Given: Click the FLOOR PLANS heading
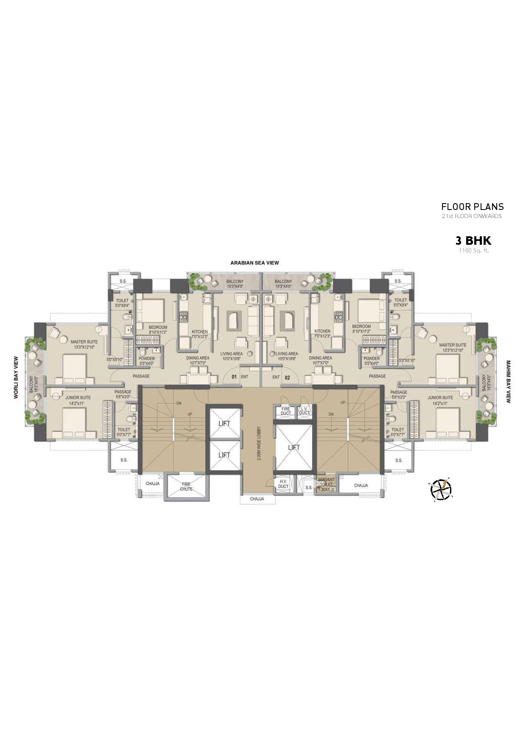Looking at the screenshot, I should point(472,207).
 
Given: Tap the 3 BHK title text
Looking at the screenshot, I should point(473,241).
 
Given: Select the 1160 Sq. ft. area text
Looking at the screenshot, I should point(473,250).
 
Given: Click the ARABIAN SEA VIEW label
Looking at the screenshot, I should point(255,263).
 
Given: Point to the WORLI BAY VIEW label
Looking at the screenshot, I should point(16,377).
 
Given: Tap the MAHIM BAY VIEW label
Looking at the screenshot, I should point(508,381).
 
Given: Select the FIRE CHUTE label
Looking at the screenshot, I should point(186,487).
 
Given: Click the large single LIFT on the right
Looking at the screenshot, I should point(294,447).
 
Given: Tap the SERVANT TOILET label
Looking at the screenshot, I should point(326,482).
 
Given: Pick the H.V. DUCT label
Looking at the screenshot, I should point(283,484).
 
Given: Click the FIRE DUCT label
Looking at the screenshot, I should point(285,411).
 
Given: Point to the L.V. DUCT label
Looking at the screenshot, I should point(304,411).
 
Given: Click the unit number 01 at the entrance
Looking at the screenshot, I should point(234,377).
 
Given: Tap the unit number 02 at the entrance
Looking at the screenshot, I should point(287,377).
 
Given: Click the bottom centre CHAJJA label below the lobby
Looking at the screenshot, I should point(257,499).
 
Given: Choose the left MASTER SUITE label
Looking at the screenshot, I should point(84,342).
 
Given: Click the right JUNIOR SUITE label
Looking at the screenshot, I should point(440,397).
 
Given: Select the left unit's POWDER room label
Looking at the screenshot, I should point(147,358).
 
